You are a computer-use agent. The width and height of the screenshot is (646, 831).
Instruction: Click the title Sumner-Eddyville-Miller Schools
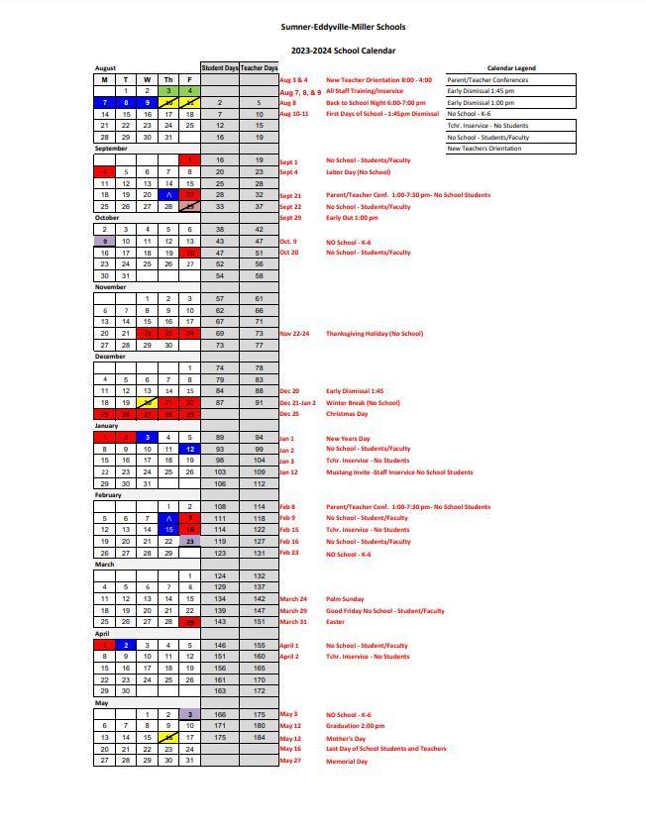pos(343,27)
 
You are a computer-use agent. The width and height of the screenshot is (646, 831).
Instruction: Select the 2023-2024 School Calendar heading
pos(343,50)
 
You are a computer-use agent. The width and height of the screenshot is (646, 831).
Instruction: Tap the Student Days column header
pos(219,68)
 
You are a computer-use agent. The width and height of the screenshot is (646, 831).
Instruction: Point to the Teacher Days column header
pos(259,68)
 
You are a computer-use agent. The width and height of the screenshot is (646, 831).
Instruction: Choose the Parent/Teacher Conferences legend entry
pos(487,79)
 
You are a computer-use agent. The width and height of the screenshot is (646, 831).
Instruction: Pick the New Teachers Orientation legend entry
pos(484,149)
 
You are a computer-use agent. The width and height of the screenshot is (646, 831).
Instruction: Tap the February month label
pos(108,495)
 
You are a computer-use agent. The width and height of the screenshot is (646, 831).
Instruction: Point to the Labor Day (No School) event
pos(358,172)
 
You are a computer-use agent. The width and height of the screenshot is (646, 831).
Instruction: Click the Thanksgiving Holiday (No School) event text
pos(375,334)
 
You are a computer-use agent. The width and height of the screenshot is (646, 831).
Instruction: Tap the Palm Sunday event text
pos(345,599)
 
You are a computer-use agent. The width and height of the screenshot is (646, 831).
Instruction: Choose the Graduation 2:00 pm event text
pos(357,726)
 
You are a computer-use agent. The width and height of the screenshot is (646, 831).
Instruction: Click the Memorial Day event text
pos(347,761)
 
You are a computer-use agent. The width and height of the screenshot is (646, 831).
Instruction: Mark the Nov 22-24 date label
pos(294,334)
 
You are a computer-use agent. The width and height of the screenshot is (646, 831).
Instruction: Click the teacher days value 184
pos(259,737)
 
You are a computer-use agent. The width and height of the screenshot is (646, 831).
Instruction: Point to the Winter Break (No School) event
pos(363,403)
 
